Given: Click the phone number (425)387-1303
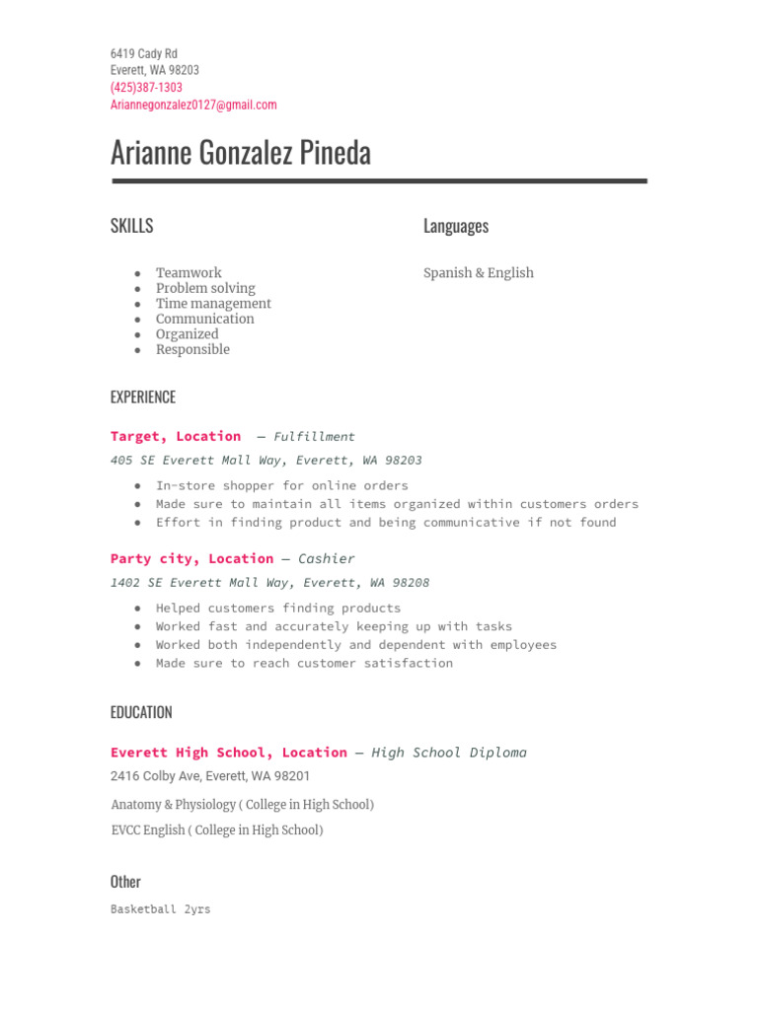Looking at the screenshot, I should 146,88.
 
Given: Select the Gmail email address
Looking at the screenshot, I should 193,105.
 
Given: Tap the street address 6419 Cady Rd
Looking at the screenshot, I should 144,53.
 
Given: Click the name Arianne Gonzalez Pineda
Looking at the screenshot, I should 241,153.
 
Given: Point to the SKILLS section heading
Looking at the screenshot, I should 132,226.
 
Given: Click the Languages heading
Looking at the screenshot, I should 456,226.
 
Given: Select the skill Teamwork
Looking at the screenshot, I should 189,273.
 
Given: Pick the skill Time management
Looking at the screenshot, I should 213,304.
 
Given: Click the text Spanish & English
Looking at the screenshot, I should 479,273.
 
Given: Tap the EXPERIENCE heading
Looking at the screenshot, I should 143,397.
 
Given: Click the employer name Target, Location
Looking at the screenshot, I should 176,436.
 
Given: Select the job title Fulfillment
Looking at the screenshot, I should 314,436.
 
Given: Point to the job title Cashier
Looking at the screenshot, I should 327,558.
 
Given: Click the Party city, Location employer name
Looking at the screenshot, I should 191,558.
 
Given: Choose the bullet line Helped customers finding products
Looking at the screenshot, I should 278,608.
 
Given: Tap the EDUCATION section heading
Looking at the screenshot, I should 141,712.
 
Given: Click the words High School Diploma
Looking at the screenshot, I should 449,753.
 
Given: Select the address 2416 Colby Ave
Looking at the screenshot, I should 210,776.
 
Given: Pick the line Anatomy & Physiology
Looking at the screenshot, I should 242,805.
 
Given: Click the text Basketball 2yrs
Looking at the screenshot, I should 161,909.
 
